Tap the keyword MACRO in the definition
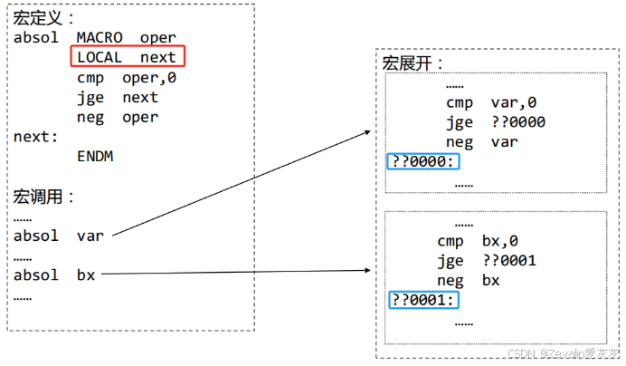point(100,38)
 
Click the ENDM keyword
point(95,157)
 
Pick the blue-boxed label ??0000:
point(422,161)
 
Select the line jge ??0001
point(487,261)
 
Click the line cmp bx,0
point(478,241)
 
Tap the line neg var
point(481,142)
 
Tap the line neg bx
point(468,281)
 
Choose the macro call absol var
point(59,236)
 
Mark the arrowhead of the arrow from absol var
point(368,132)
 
